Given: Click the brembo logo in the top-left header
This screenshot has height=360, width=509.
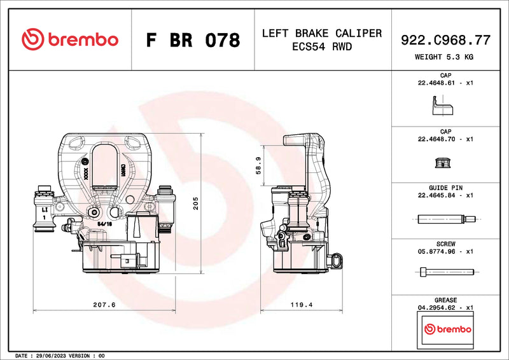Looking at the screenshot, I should (x=70, y=39).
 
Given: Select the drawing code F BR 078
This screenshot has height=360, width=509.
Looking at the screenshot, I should (x=193, y=40).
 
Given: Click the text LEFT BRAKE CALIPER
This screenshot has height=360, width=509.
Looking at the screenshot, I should (x=322, y=33).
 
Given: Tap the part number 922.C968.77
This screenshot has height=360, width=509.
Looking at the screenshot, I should (x=445, y=40).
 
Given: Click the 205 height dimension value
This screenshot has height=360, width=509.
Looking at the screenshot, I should (x=197, y=203).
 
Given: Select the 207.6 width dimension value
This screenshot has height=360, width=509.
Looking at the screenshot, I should (x=104, y=305).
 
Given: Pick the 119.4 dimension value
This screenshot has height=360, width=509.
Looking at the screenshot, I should (x=302, y=305).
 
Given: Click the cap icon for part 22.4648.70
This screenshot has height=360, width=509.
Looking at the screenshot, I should (x=442, y=163).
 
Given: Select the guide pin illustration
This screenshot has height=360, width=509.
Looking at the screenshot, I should (x=445, y=220).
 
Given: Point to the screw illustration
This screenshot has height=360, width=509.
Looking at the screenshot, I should (x=446, y=272).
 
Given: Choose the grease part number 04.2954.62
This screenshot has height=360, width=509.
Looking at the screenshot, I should (x=436, y=307).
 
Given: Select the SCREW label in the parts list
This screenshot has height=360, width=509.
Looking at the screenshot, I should (x=445, y=244).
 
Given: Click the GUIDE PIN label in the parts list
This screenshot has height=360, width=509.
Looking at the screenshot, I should (x=445, y=188).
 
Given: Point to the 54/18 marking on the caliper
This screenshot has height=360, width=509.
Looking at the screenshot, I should (x=105, y=224).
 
